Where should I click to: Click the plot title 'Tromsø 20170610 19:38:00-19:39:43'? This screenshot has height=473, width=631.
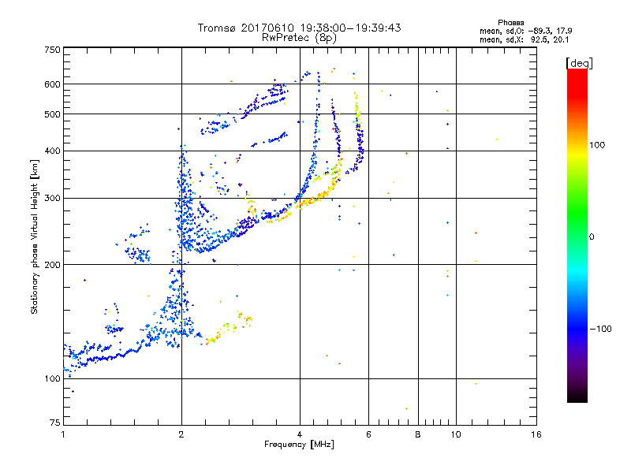(299, 28)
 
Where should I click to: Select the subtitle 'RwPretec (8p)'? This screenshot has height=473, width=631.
(299, 37)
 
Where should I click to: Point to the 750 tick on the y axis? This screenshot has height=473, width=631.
(53, 50)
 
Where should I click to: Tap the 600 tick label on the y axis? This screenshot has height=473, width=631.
(53, 84)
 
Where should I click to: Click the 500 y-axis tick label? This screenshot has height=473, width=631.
(53, 114)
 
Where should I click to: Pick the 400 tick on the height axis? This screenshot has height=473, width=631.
(53, 151)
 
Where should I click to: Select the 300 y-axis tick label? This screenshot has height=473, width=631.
(53, 198)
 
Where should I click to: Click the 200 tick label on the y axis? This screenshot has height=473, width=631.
(53, 265)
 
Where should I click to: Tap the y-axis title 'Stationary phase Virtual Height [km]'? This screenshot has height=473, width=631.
(35, 236)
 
